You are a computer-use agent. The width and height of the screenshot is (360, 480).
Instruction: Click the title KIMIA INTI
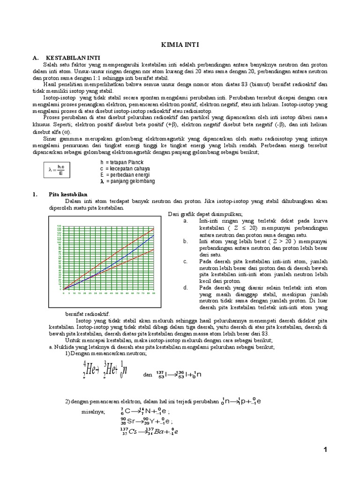(180, 45)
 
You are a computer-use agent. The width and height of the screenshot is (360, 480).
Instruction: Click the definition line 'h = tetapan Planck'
(121, 162)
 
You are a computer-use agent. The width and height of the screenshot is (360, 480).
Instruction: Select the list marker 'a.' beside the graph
(186, 221)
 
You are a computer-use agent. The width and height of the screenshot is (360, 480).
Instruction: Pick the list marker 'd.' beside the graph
(186, 287)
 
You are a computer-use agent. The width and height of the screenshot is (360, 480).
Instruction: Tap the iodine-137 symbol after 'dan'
(162, 374)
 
